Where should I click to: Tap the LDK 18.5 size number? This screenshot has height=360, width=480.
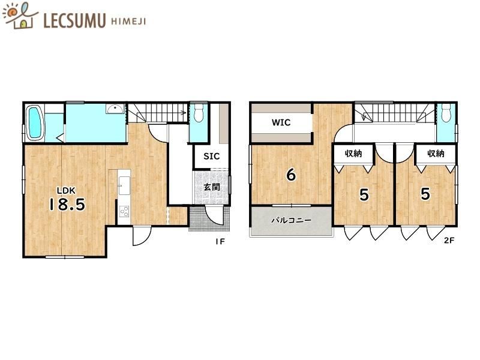point(67,205)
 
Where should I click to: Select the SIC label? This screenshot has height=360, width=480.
point(212,156)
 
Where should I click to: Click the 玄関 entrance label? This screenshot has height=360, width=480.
point(212,187)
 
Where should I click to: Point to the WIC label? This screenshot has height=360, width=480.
point(281,122)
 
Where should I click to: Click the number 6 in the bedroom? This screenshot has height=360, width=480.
point(291,175)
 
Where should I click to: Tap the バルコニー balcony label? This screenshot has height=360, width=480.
point(292,220)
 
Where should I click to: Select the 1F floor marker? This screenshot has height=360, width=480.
point(220,242)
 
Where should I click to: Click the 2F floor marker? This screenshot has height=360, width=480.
point(449,241)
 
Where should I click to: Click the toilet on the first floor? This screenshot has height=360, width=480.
point(199,113)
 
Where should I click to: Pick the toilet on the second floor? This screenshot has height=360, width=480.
point(446,113)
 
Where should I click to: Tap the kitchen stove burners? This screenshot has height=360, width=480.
point(124,212)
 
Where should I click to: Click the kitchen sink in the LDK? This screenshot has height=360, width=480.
point(124,185)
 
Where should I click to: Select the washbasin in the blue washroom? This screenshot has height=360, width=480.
point(115,109)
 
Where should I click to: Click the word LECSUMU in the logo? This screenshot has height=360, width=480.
point(74,20)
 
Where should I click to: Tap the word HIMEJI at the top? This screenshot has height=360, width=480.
point(128,22)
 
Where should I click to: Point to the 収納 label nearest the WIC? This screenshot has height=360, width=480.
point(353,153)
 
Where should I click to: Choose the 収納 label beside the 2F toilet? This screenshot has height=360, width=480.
point(436,153)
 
